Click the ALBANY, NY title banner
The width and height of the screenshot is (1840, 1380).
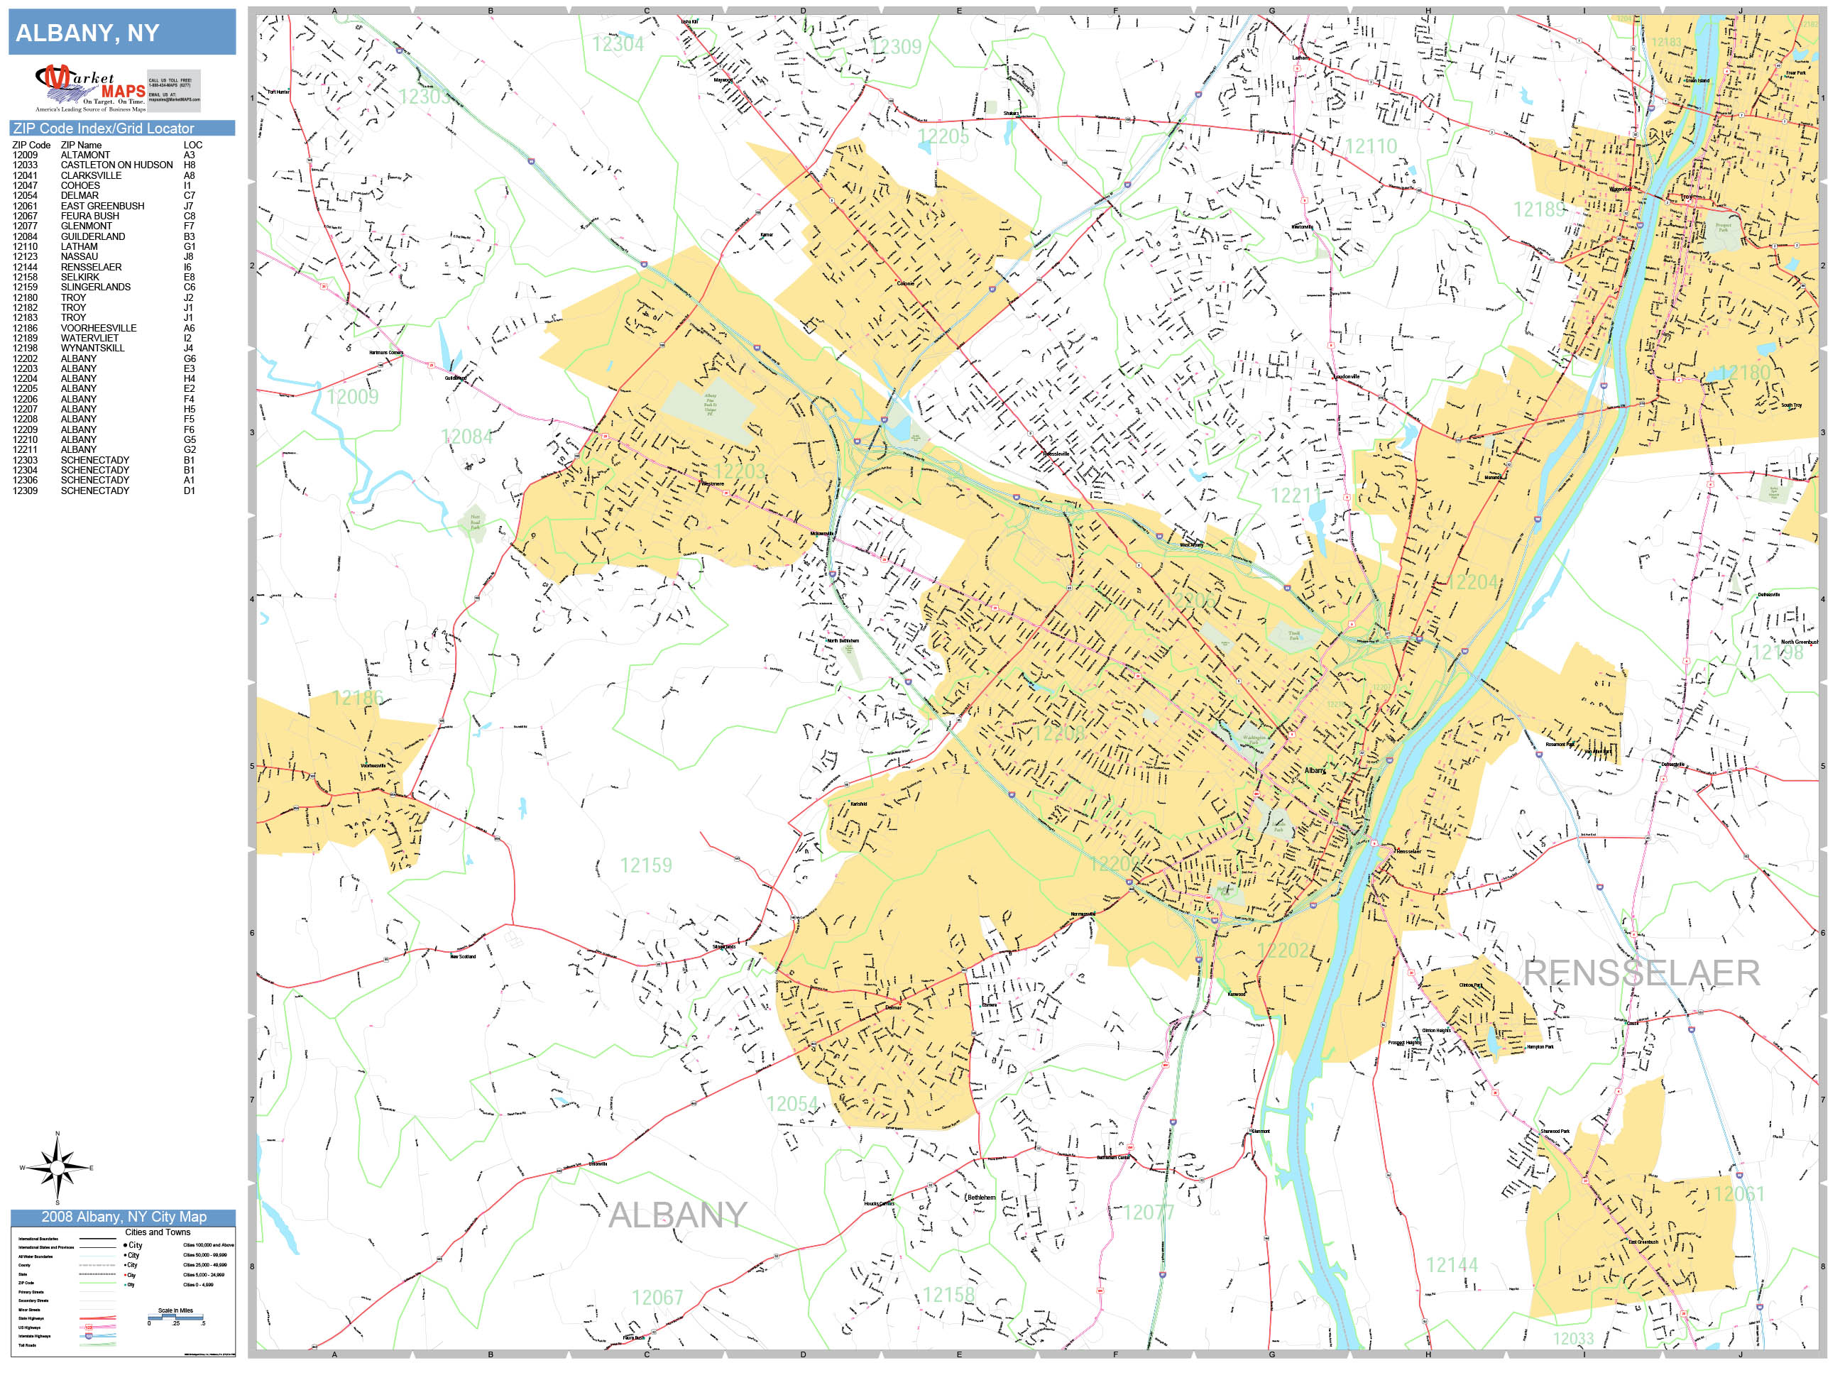tap(121, 33)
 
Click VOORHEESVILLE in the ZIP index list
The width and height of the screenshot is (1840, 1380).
tap(98, 328)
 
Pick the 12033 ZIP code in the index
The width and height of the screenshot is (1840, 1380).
tap(25, 165)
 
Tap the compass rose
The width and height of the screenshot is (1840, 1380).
tap(57, 1168)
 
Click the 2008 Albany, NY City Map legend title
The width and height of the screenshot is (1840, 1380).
tap(123, 1216)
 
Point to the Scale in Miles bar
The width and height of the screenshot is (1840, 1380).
tap(175, 1317)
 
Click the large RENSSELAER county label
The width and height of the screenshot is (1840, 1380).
tap(1641, 973)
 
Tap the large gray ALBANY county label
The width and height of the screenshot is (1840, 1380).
tap(677, 1215)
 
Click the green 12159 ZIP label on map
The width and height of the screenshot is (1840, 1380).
tap(645, 865)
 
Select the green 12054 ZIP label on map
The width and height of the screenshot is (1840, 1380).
tap(792, 1104)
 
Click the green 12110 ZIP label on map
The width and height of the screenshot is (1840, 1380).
tap(1370, 146)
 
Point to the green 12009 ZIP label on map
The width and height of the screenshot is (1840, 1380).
tap(352, 397)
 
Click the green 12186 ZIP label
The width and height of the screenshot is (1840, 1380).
tap(357, 698)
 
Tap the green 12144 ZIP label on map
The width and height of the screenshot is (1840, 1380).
tap(1452, 1265)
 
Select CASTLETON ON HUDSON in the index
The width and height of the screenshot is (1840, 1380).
tap(116, 165)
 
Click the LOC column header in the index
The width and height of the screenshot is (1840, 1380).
tap(192, 145)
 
